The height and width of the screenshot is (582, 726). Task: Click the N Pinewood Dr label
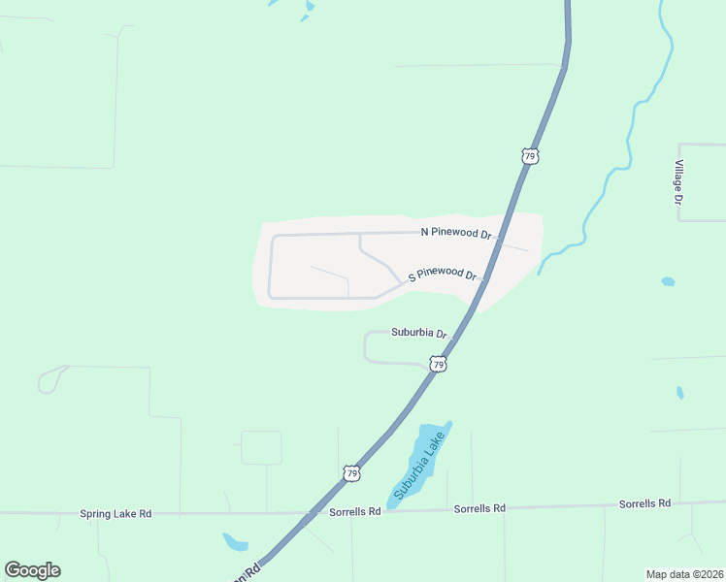coord(455,232)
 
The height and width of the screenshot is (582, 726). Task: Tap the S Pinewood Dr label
coord(443,274)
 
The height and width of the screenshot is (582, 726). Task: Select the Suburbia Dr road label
coord(418,332)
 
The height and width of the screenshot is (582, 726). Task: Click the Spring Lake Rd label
coord(115,513)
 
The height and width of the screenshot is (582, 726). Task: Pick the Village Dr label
coord(680,181)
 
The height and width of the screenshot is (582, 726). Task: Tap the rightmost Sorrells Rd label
coord(644,503)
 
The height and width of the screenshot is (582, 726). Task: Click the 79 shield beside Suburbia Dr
coord(439,365)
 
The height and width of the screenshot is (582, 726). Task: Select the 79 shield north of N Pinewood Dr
coord(529,155)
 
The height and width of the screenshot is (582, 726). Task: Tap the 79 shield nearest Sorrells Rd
coord(351,473)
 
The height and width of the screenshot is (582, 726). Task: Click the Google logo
coord(32,570)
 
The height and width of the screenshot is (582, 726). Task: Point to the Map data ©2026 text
coord(683,573)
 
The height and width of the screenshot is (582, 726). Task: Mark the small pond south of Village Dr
coord(668,282)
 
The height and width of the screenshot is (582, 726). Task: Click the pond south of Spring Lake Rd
coord(235,541)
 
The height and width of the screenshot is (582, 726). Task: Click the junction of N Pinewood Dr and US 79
coord(499,236)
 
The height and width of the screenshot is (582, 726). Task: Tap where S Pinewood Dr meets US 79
coord(484,278)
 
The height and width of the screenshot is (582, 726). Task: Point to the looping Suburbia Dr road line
coord(366,346)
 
